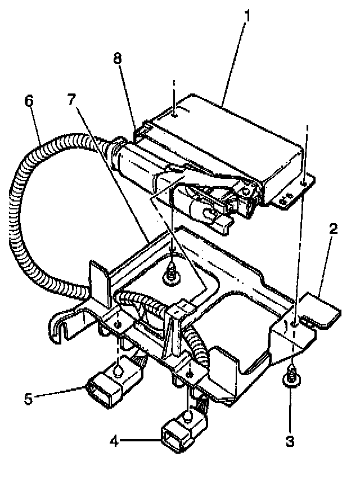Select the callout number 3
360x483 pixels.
pyautogui.click(x=290, y=441)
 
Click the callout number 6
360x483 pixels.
pyautogui.click(x=29, y=101)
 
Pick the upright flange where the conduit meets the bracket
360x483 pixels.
pyautogui.click(x=98, y=281)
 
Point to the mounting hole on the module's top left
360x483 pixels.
pyautogui.click(x=175, y=115)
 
